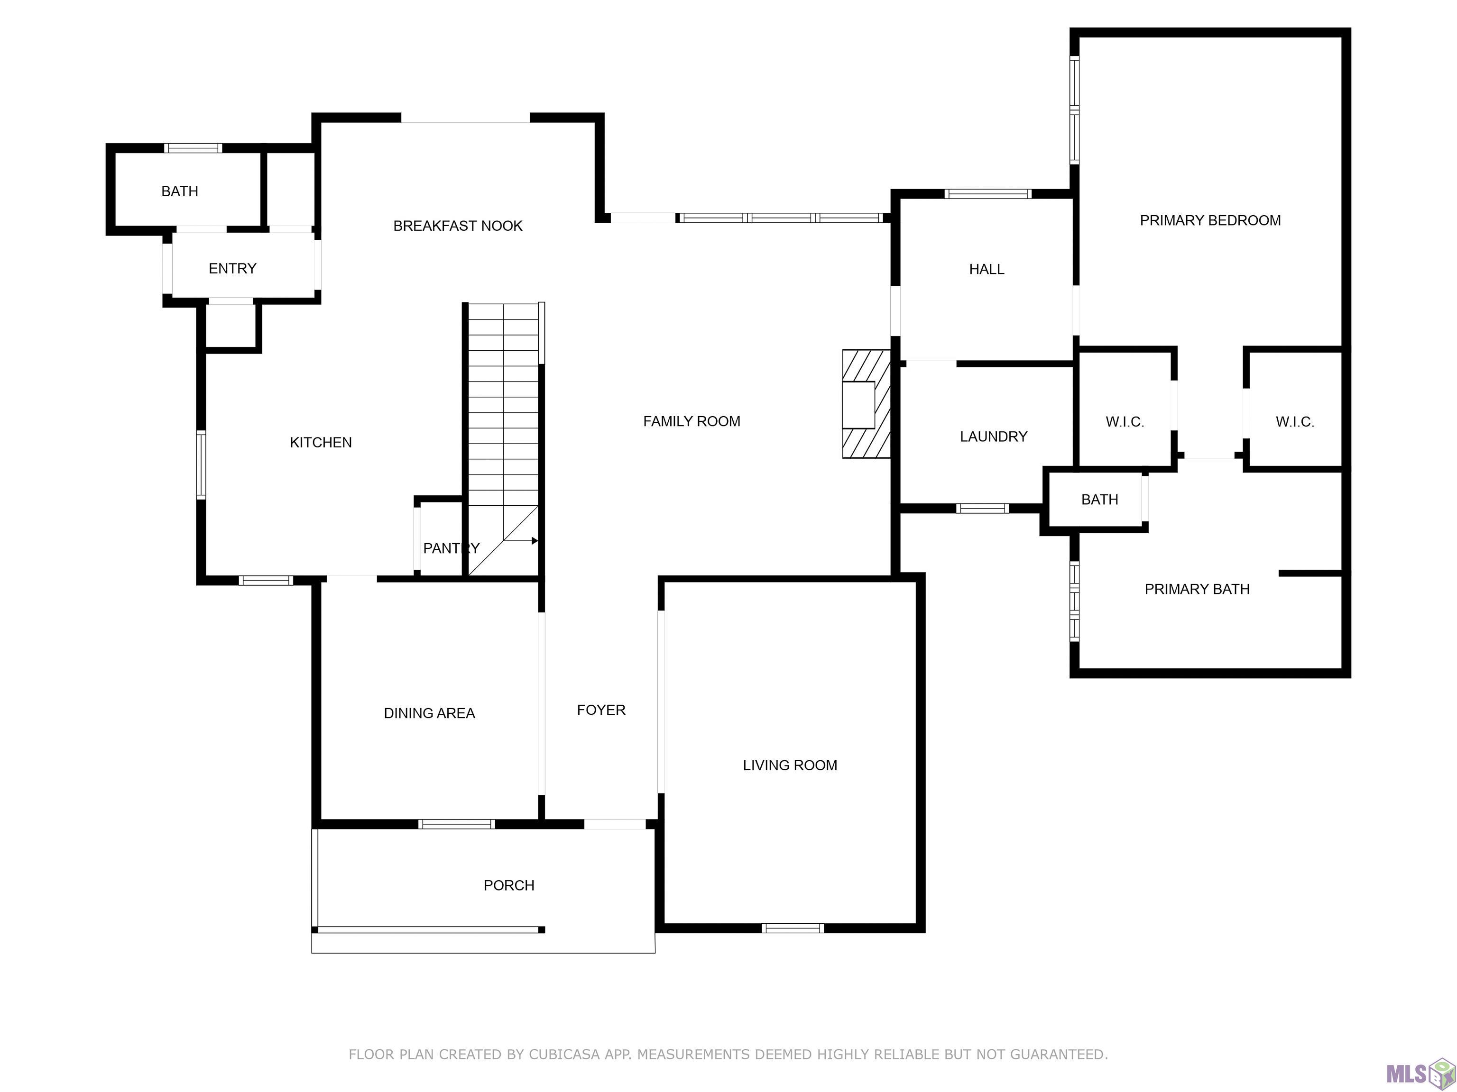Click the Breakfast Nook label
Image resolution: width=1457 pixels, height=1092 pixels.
[458, 226]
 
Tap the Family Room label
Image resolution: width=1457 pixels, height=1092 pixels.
[692, 421]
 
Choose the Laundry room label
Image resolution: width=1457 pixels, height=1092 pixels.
[993, 437]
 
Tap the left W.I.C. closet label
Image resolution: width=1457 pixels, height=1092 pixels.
[1125, 422]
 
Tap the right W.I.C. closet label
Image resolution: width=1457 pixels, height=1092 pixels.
[1295, 422]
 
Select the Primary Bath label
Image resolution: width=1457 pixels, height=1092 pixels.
[1197, 589]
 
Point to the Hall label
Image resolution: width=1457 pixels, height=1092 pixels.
[987, 269]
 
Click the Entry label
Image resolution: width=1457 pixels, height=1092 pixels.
[232, 269]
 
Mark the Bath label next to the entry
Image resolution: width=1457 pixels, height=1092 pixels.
[180, 191]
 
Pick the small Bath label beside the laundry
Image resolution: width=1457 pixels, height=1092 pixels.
[1100, 500]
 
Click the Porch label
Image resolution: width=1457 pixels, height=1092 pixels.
[509, 885]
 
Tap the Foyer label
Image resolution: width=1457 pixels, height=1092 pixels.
[601, 710]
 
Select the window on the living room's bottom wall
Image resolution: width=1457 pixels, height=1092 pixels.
[793, 928]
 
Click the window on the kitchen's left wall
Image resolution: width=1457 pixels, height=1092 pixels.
[201, 464]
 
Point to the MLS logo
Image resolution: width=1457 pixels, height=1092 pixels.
[1420, 1074]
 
